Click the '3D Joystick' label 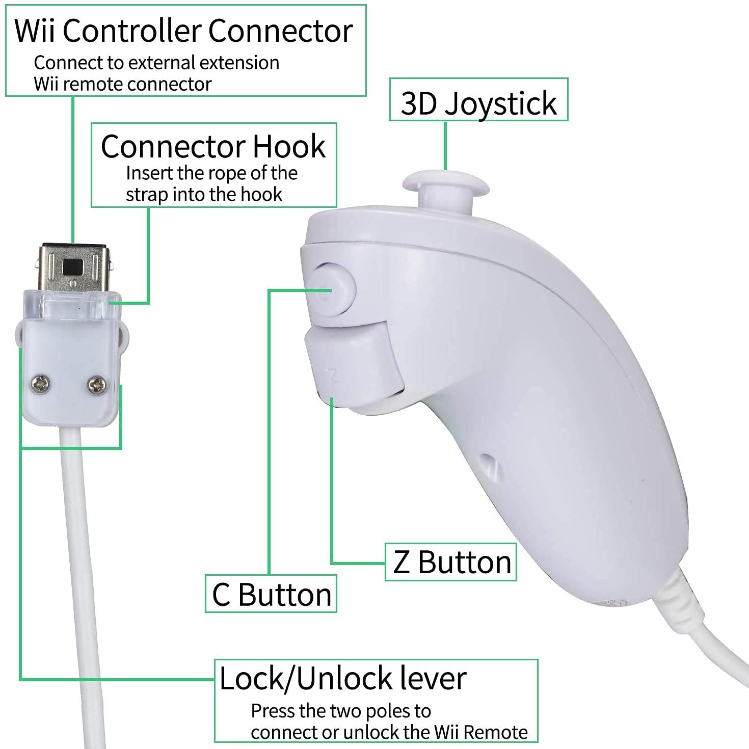(x=478, y=103)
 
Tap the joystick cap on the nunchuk (x=445, y=184)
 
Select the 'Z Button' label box (x=451, y=563)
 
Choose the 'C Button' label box (x=271, y=594)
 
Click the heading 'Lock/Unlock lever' (x=342, y=678)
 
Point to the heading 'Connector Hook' (x=213, y=147)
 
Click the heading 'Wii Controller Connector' (x=183, y=31)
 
